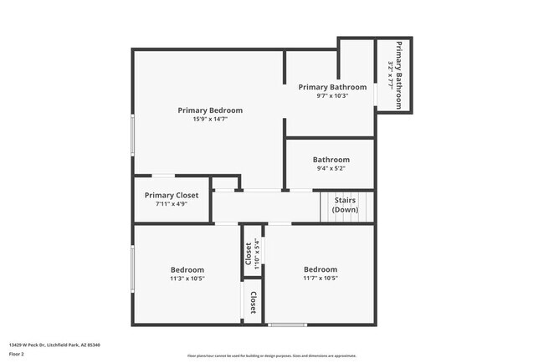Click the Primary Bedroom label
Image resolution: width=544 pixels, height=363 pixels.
coord(210,110)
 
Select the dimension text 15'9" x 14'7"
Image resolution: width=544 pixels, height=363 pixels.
coord(210,120)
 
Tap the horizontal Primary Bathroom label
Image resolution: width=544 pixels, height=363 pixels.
coord(332,87)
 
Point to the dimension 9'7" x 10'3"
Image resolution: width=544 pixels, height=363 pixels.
coord(332,95)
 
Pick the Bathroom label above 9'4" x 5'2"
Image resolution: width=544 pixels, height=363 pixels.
coord(331,160)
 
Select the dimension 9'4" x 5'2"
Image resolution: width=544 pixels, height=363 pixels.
coord(331,168)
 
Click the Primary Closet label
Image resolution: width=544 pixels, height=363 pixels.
coord(172,196)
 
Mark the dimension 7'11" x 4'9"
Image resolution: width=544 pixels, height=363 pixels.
coord(172,204)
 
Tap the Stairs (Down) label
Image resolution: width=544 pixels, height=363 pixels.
coord(346,205)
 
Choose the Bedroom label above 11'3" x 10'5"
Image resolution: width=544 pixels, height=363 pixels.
coord(187,269)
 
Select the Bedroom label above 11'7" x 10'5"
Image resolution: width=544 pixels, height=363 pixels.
coord(321,269)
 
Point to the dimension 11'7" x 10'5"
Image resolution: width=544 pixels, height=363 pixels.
coord(321,279)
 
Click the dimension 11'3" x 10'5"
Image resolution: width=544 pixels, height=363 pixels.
coord(187,279)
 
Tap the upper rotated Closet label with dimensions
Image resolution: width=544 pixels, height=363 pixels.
coord(249,252)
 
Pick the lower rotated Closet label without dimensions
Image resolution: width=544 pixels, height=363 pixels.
coord(253,303)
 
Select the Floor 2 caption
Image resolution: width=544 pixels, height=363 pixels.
coord(17,354)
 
